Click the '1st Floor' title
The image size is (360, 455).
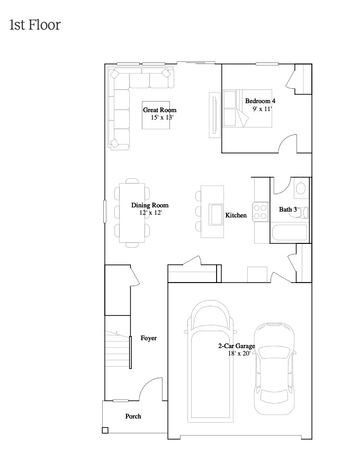[35, 25]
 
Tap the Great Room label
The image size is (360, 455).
[159, 110]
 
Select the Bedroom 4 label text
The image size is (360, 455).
[260, 101]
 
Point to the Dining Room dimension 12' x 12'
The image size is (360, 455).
[150, 213]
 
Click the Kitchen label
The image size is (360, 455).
[236, 215]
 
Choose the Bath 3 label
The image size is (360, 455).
[287, 210]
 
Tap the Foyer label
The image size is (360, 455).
[148, 338]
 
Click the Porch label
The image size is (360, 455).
[133, 416]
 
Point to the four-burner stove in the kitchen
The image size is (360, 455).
[260, 212]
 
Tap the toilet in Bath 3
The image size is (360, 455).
[302, 212]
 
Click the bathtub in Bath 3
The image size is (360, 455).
[289, 233]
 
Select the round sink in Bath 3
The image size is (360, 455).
[300, 188]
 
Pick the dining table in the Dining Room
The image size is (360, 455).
[132, 212]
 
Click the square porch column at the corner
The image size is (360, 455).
[105, 430]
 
